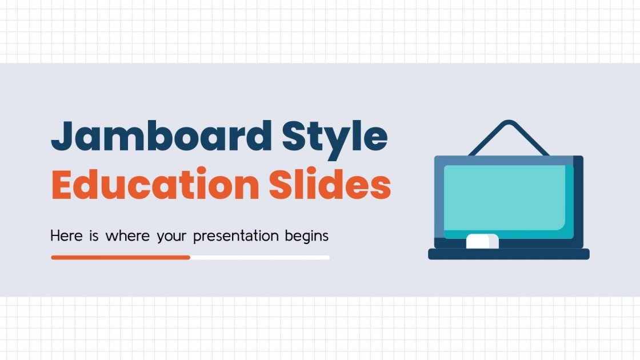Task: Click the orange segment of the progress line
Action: [x=120, y=257]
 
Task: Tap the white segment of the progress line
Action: [x=260, y=257]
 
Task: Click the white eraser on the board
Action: [x=482, y=241]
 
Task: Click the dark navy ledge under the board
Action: [x=509, y=254]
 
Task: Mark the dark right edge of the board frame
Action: [x=578, y=200]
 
